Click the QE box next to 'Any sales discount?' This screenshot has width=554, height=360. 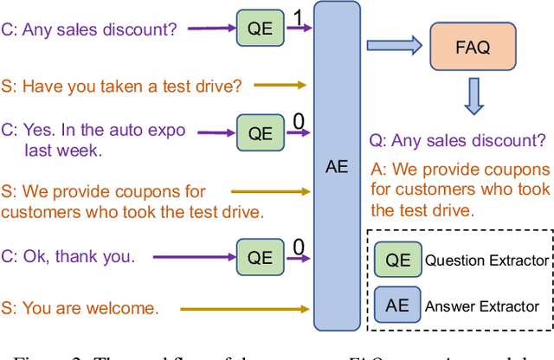pyautogui.click(x=261, y=29)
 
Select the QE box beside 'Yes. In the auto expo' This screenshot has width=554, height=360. pyautogui.click(x=261, y=133)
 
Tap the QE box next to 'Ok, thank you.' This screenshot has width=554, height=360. pyautogui.click(x=261, y=256)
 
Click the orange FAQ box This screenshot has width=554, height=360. pyautogui.click(x=471, y=48)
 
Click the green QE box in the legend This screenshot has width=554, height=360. pyautogui.click(x=397, y=260)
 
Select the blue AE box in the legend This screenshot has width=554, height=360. pyautogui.click(x=397, y=305)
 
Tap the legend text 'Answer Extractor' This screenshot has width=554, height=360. pyautogui.click(x=481, y=305)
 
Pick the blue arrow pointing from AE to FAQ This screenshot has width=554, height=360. pyautogui.click(x=393, y=46)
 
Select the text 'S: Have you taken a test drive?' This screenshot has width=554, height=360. pyautogui.click(x=121, y=86)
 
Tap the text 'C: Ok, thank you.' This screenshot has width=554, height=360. pyautogui.click(x=68, y=256)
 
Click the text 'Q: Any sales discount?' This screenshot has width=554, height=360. pyautogui.click(x=458, y=139)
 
